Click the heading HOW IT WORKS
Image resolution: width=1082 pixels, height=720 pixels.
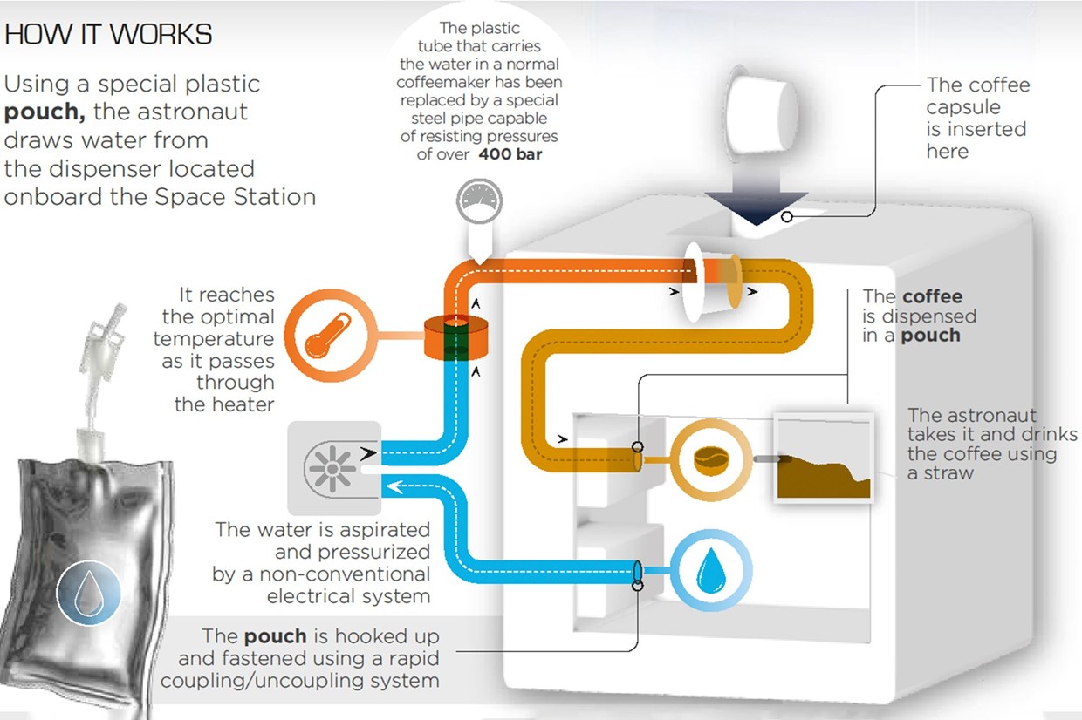click(x=108, y=34)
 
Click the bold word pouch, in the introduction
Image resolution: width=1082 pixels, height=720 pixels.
click(x=42, y=112)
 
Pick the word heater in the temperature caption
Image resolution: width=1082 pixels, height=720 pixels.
click(x=224, y=404)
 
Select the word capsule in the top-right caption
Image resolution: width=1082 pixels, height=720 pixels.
click(x=963, y=107)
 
